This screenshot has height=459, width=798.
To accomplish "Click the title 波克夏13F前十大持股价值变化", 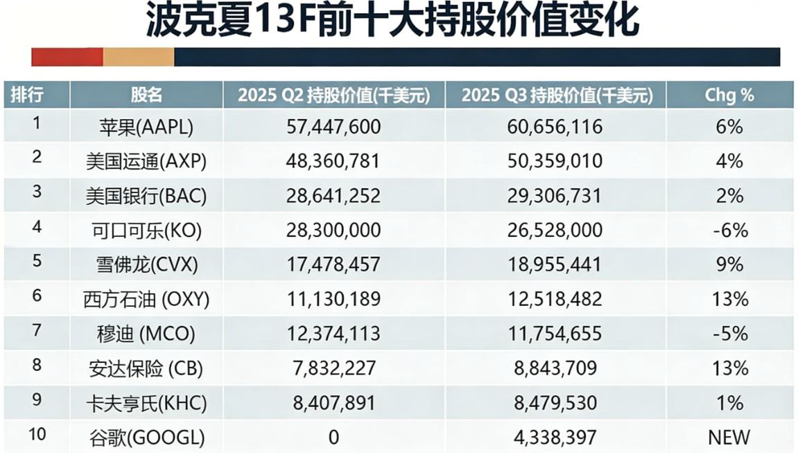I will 392,22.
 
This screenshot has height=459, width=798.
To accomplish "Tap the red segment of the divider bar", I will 67,57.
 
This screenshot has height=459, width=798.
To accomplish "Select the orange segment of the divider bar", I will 139,57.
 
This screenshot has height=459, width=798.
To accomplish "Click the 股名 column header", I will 146,95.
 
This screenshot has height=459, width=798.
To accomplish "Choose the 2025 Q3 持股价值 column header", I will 557,95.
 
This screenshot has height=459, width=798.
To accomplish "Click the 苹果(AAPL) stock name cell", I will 146,127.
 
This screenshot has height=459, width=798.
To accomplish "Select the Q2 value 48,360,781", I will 333,161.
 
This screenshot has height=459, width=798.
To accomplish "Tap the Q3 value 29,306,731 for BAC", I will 556,196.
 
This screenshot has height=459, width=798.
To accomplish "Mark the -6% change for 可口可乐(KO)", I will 730,231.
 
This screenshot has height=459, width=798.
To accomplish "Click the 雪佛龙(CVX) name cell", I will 146,265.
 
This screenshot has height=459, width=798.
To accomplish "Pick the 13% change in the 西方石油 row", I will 730,299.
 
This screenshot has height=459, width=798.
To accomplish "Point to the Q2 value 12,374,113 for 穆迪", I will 333,334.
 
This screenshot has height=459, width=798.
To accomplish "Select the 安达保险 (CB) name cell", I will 146,368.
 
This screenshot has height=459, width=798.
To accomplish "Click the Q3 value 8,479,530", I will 556,403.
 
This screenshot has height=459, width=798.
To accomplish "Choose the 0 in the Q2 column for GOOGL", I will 333,438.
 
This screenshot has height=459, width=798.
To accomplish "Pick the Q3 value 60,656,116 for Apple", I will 556,127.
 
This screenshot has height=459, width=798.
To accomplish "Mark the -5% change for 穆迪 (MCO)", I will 730,334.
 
